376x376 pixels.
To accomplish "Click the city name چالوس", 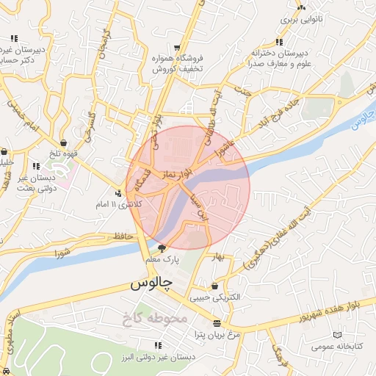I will click(x=151, y=283).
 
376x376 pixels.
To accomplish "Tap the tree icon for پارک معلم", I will click(x=162, y=248).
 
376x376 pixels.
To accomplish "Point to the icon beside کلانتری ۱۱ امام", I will click(x=119, y=194).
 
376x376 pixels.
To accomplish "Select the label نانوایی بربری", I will click(x=300, y=21).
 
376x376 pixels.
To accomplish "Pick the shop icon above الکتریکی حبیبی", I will click(x=214, y=286).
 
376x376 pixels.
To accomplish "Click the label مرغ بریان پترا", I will click(x=217, y=334).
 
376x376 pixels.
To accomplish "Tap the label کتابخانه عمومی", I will click(x=336, y=346).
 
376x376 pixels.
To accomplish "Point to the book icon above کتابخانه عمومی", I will click(x=336, y=335).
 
